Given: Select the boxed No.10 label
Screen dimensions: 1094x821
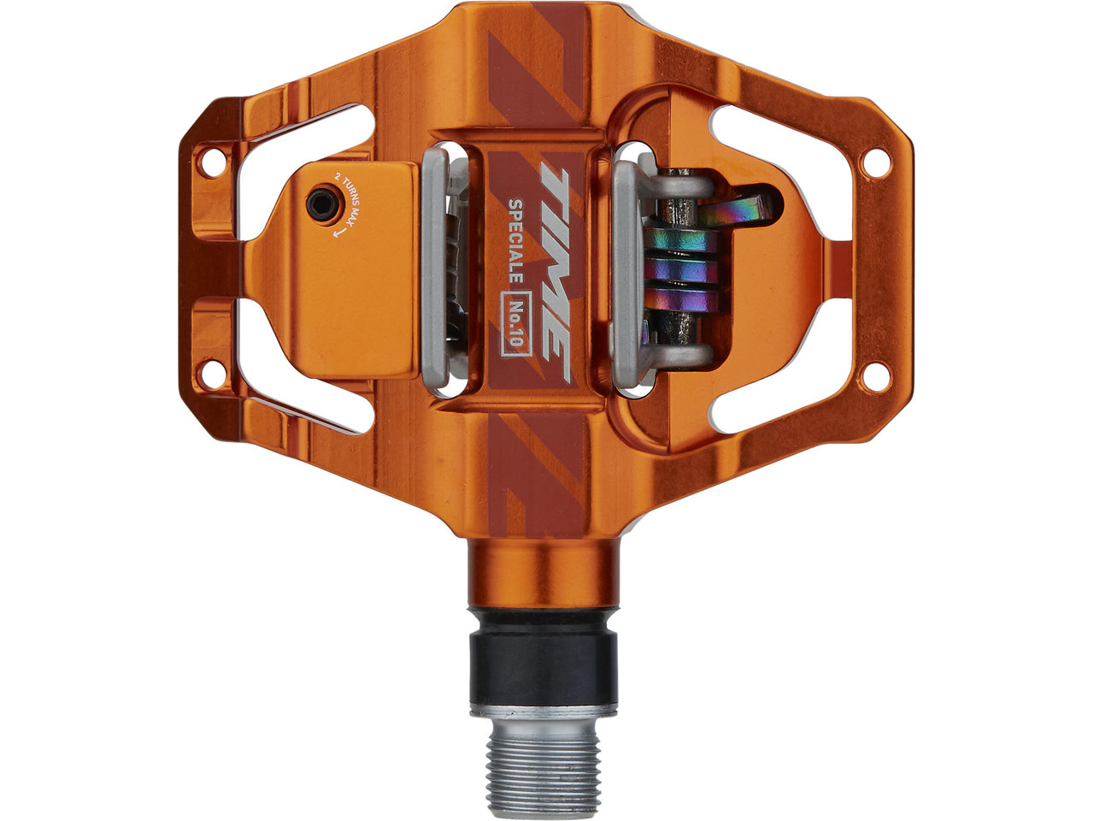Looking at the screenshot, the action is [515, 323].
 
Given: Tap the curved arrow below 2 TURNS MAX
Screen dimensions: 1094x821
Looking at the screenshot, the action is [339, 231].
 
